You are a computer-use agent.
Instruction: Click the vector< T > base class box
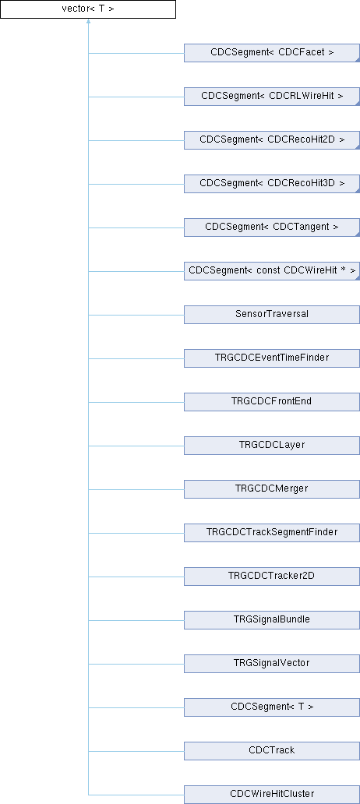(88, 9)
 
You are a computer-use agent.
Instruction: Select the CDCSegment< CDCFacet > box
(272, 53)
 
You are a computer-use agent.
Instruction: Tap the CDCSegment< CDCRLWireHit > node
(272, 97)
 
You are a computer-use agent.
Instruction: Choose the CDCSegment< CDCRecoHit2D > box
(272, 140)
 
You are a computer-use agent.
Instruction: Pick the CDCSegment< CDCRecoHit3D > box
(272, 184)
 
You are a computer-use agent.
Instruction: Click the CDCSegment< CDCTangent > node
(272, 227)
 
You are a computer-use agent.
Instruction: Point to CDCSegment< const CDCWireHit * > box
(272, 271)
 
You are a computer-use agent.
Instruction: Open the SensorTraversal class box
(272, 314)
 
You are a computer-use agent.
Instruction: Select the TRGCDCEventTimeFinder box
(272, 358)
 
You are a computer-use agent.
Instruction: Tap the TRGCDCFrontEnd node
(272, 401)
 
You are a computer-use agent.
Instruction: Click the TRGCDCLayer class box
(272, 445)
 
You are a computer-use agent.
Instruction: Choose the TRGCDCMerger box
(272, 488)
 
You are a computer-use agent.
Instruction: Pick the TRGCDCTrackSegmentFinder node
(272, 532)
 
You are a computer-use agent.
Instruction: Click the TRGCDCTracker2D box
(272, 576)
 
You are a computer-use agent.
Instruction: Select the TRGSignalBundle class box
(272, 619)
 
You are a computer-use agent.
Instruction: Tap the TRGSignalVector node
(272, 663)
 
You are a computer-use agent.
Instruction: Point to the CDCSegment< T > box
(272, 707)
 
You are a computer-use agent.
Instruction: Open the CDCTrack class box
(272, 750)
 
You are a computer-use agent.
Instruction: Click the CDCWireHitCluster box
(272, 794)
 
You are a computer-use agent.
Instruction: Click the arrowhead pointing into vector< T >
(88, 22)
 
